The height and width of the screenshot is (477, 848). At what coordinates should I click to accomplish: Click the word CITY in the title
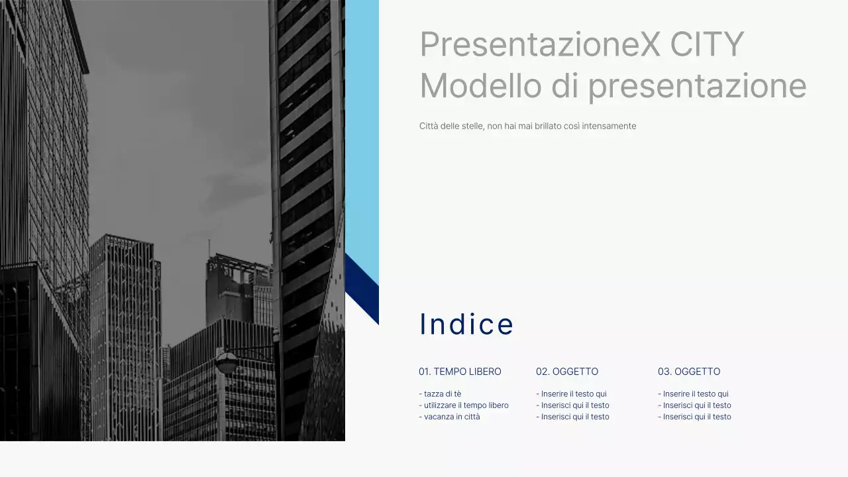pos(707,44)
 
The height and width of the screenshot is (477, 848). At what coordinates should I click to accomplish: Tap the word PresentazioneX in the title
pos(540,44)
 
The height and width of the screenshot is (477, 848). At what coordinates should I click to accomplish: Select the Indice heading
pos(466,324)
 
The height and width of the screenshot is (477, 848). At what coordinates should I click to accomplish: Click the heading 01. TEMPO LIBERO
pos(460,372)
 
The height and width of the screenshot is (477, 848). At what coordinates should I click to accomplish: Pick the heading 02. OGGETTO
pos(567,372)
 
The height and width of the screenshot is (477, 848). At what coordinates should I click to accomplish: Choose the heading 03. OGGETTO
pos(689,372)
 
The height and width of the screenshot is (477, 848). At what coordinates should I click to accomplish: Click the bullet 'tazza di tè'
pos(443,394)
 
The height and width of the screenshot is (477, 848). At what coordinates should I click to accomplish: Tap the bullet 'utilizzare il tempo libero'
pos(466,405)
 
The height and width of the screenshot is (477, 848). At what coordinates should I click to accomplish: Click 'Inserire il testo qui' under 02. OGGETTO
pos(574,394)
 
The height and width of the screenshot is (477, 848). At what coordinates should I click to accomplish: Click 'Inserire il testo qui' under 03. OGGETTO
pos(696,394)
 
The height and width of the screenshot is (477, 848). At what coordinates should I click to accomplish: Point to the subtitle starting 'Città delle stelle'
pos(527,126)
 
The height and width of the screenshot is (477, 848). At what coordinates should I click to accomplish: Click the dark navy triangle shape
pos(366,291)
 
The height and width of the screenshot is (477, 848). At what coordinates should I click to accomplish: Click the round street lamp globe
pos(227,362)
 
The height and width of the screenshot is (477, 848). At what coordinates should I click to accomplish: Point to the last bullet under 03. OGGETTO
pos(697,417)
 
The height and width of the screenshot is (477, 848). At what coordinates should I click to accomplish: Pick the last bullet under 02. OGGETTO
pos(575,417)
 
